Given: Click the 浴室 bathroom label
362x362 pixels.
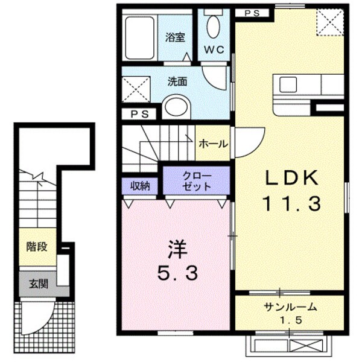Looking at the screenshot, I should click(175, 37).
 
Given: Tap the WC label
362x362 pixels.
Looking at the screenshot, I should click(214, 51).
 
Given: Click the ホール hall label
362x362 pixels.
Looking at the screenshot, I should click(213, 144).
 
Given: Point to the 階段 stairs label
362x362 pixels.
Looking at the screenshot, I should click(37, 246).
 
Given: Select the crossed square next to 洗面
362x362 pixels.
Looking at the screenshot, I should click(136, 89).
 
